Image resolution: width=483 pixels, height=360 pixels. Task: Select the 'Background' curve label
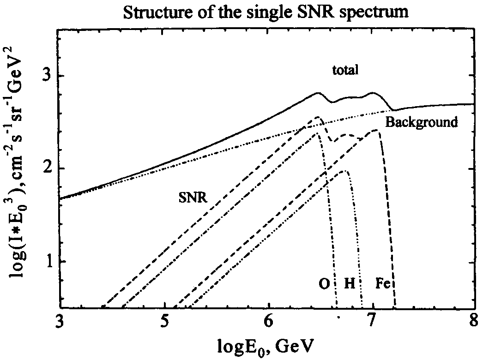coord(422,122)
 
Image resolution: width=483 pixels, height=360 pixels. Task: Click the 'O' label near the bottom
coord(324,283)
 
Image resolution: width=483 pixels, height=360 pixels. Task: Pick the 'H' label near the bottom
coord(350,283)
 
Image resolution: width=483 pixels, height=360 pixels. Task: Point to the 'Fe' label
coord(383,283)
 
